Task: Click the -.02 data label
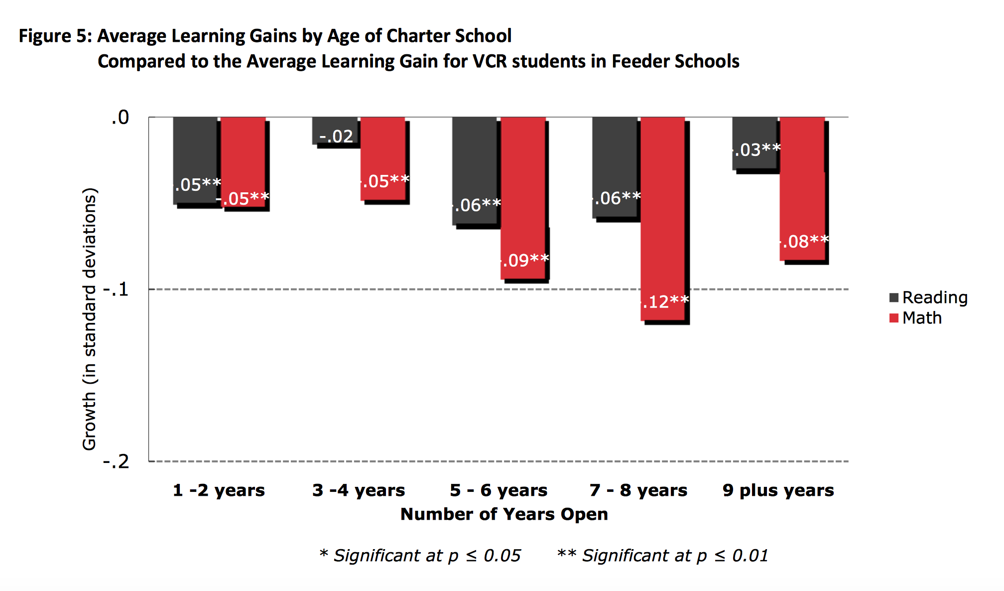336,136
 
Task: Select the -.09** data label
524,260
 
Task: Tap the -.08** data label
804,242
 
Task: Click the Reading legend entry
928,297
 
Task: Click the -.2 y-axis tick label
116,461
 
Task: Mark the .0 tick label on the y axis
120,118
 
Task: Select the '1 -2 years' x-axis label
219,490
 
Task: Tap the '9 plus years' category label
778,490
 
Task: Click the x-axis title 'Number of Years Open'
504,514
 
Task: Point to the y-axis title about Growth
90,319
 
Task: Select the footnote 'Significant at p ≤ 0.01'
675,555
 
